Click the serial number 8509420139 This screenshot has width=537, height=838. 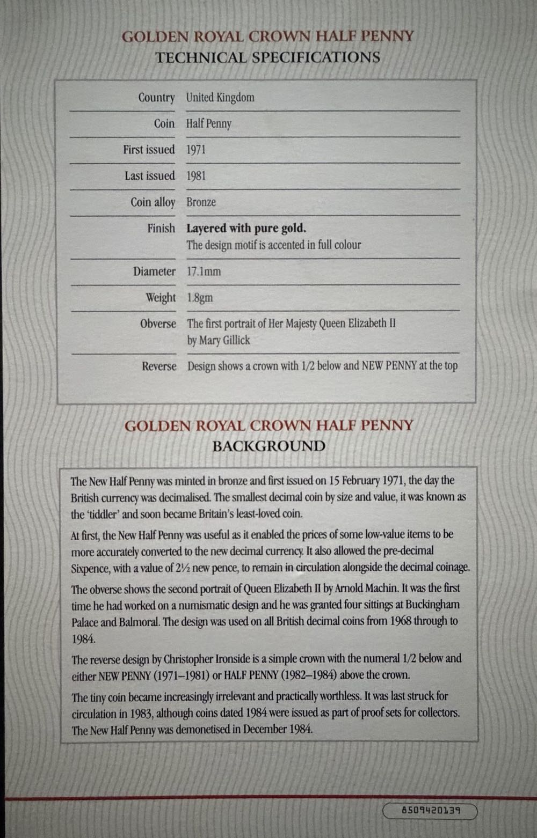[x=430, y=810]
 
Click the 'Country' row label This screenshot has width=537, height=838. [x=156, y=98]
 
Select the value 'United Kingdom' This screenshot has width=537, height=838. [x=220, y=98]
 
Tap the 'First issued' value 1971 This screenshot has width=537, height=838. [x=196, y=150]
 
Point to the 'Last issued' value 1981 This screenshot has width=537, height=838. [x=196, y=176]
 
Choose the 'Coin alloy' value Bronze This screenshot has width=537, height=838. [x=201, y=202]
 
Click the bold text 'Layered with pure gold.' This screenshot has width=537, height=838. [x=246, y=228]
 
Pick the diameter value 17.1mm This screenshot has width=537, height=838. [x=204, y=271]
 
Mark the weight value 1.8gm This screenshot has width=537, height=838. [x=200, y=298]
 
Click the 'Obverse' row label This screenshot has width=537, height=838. [x=158, y=324]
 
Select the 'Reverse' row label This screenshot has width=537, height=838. [x=159, y=366]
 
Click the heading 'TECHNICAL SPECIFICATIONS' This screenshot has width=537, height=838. [x=267, y=57]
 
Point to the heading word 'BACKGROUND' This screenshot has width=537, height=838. [x=268, y=446]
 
